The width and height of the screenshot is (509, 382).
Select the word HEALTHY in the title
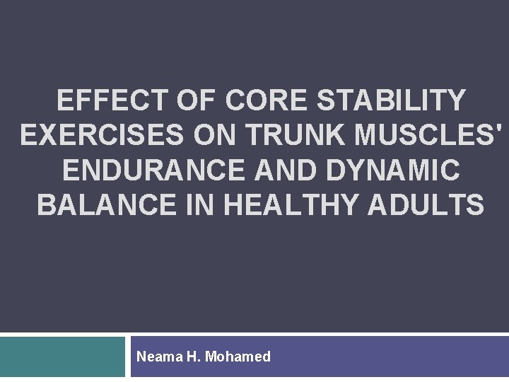click(x=308, y=205)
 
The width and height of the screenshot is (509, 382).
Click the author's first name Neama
click(x=159, y=357)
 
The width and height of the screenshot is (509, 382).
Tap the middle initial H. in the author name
click(x=194, y=357)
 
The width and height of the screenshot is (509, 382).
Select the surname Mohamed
click(x=238, y=357)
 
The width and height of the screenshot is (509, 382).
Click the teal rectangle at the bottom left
click(x=62, y=357)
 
